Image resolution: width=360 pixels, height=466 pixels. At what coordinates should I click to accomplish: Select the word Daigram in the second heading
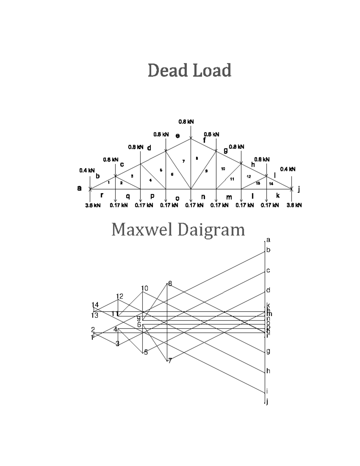[211, 230]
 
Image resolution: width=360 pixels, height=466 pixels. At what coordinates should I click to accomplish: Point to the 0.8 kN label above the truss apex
[186, 122]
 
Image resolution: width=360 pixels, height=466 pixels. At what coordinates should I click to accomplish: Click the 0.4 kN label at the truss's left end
[87, 170]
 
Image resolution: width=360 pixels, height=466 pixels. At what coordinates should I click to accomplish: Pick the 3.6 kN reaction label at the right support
[294, 205]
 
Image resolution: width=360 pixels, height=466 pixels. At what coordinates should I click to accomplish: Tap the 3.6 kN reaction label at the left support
[93, 205]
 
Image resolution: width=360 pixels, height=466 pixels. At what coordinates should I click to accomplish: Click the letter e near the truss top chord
[178, 136]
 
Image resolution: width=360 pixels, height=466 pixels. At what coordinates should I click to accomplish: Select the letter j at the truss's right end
[299, 189]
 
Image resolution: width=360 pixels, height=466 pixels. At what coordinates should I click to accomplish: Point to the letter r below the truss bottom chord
[102, 195]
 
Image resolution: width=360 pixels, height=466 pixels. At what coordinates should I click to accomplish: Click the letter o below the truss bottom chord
[177, 198]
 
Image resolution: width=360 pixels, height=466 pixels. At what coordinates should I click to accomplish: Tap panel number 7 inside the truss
[184, 161]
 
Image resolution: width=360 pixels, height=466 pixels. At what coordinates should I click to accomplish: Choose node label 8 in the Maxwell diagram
[170, 284]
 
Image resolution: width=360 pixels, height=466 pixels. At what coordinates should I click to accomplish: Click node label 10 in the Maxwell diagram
[145, 288]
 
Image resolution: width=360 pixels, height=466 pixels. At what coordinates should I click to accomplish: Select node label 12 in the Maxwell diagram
[119, 296]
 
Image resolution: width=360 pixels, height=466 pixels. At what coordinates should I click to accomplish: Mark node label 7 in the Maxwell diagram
[170, 361]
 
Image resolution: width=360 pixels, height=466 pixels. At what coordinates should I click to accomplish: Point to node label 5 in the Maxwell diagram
[146, 352]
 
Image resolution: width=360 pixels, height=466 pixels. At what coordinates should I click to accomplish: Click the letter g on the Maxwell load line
[268, 351]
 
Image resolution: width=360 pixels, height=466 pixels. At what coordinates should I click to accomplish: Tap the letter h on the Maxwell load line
[268, 371]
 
